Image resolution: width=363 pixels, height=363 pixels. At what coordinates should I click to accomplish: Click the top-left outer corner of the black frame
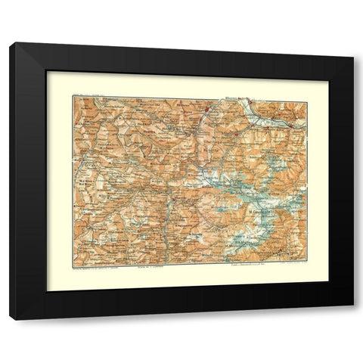tap(10, 43)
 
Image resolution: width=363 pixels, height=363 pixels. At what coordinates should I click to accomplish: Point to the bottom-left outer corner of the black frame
tap(10, 320)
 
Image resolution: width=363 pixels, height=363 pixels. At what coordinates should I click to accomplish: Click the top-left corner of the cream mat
tap(47, 72)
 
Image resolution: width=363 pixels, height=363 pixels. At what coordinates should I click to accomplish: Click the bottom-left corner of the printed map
tap(73, 259)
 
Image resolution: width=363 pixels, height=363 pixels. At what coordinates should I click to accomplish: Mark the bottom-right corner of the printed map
tap(307, 259)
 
